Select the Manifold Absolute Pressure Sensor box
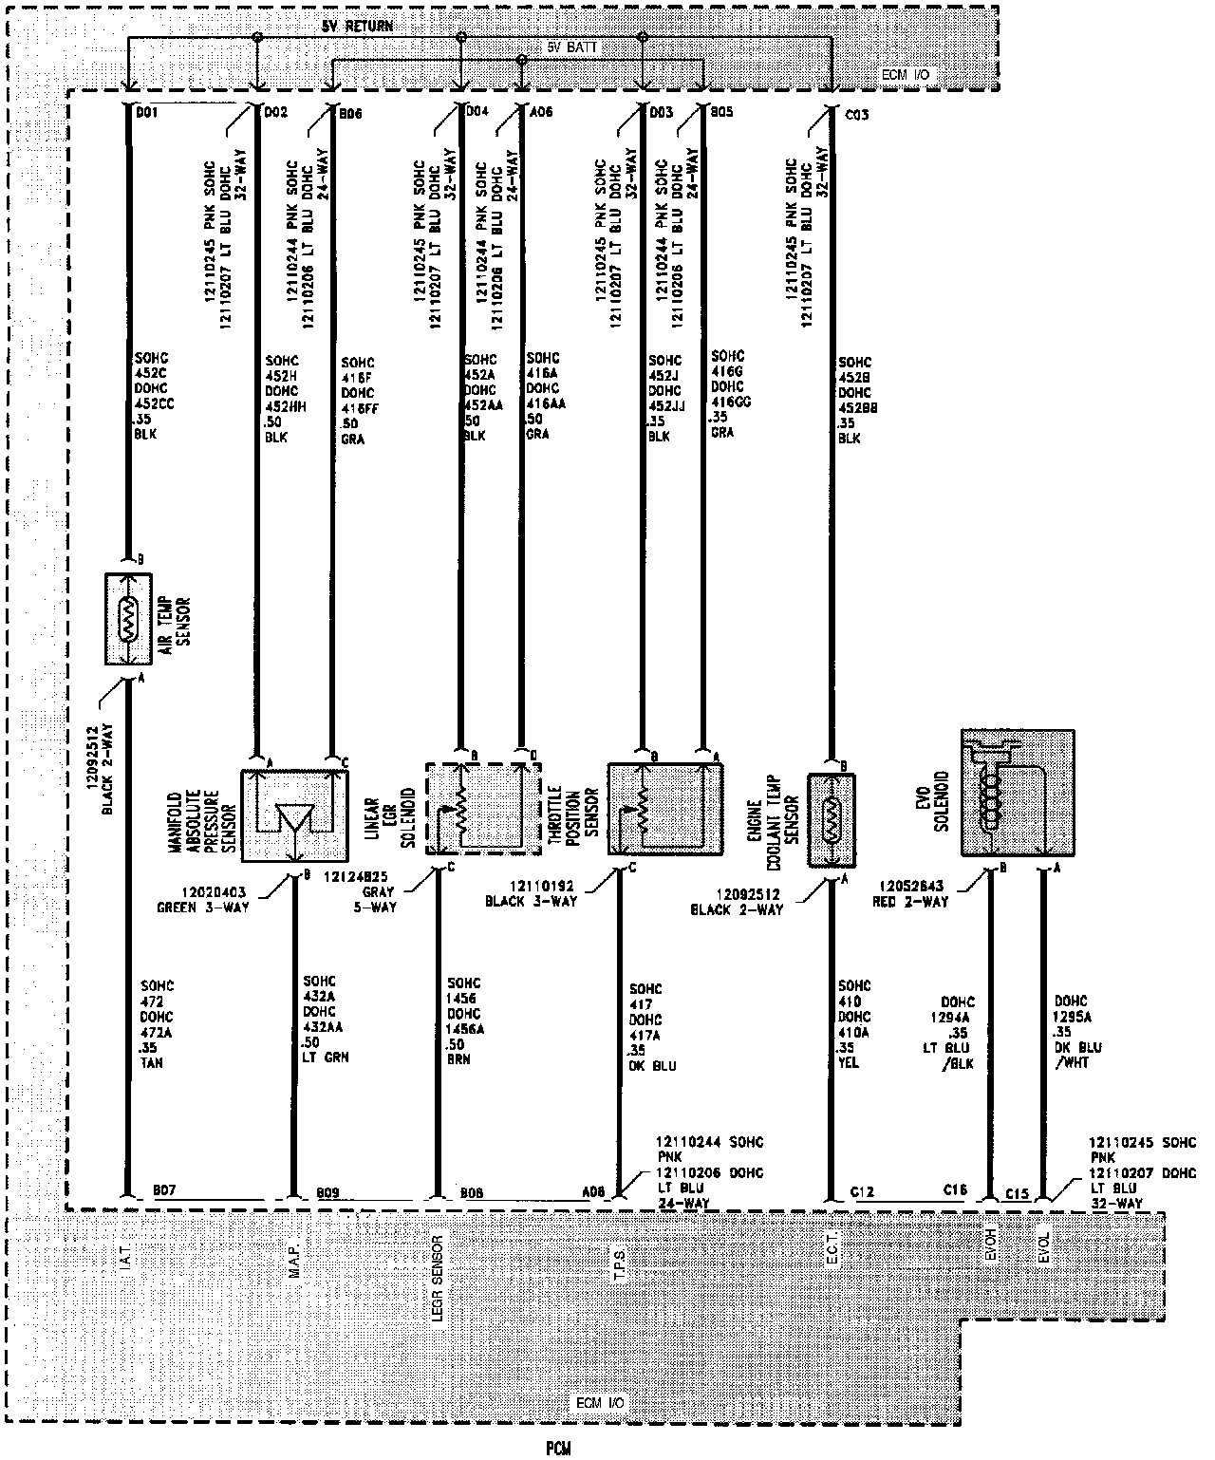coord(294,814)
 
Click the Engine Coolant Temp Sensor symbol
coord(831,820)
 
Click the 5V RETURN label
coord(357,27)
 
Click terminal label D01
coord(147,114)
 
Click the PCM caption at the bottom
coord(557,1448)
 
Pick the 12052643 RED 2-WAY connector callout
coord(910,894)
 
